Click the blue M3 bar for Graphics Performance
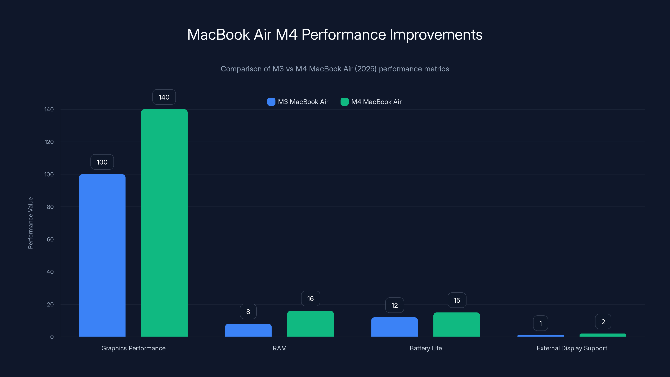[x=102, y=255]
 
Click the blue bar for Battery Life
[x=394, y=327]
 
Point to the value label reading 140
[x=164, y=97]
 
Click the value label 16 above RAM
[x=310, y=298]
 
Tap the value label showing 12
[x=394, y=305]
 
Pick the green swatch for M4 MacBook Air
[x=344, y=102]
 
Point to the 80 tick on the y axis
[x=50, y=207]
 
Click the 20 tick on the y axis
[x=50, y=304]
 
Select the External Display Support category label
[x=572, y=348]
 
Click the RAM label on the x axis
[x=279, y=348]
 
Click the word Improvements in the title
[x=436, y=35]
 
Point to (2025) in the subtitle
[x=365, y=69]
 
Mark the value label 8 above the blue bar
[x=248, y=311]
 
